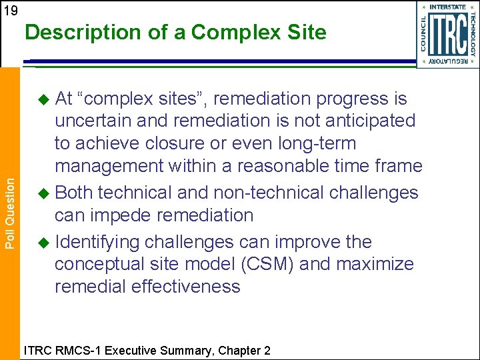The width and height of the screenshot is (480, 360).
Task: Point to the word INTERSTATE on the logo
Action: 447,7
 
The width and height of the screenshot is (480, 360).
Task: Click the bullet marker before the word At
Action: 43,99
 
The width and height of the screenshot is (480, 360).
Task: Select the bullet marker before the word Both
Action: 43,193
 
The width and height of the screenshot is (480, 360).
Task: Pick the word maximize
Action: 375,265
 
